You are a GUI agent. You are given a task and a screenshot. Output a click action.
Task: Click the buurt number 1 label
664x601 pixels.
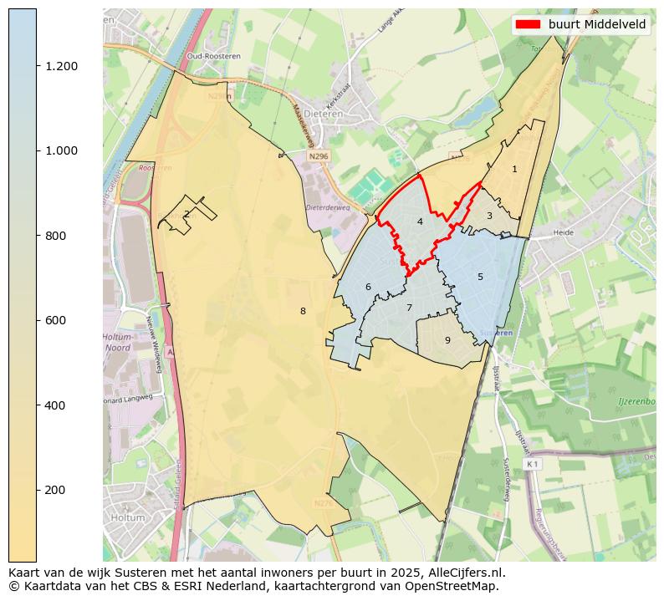(514, 169)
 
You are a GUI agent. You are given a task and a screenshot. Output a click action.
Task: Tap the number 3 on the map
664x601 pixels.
(489, 216)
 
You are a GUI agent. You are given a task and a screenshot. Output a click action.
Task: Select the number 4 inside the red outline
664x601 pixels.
(420, 222)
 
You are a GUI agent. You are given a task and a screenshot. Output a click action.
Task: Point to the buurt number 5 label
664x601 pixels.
(480, 277)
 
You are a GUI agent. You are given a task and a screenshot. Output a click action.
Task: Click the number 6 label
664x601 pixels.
(368, 288)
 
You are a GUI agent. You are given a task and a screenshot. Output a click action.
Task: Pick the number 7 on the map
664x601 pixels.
(409, 308)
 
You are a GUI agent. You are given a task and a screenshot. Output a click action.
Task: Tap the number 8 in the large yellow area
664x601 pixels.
(303, 311)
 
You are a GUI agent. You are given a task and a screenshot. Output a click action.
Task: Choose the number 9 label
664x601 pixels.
(447, 340)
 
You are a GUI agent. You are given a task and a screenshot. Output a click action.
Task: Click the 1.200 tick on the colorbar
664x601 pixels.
(60, 66)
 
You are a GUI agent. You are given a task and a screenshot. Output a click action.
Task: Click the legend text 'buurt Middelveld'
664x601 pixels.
(597, 24)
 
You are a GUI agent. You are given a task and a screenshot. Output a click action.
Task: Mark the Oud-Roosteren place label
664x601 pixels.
(208, 56)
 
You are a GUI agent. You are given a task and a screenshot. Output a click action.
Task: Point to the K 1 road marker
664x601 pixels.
(532, 463)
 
